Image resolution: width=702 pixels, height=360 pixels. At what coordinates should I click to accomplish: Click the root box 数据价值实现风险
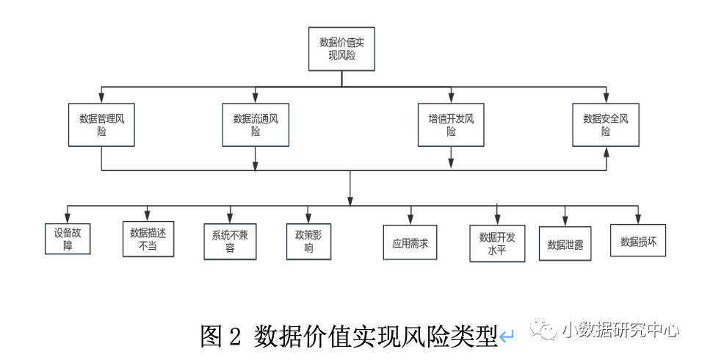pyautogui.click(x=341, y=49)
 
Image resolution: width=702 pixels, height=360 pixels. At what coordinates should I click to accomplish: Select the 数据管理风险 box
pyautogui.click(x=101, y=124)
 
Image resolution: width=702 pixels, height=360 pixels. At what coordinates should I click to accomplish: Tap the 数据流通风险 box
pyautogui.click(x=256, y=124)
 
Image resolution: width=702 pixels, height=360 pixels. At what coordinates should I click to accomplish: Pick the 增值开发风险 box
pyautogui.click(x=451, y=124)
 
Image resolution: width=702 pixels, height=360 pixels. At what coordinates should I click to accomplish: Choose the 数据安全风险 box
pyautogui.click(x=606, y=124)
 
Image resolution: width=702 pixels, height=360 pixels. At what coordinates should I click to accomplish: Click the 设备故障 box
pyautogui.click(x=68, y=239)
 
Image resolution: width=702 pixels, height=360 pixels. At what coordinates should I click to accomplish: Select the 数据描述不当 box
pyautogui.click(x=148, y=239)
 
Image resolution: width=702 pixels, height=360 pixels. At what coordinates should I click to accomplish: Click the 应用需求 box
pyautogui.click(x=410, y=242)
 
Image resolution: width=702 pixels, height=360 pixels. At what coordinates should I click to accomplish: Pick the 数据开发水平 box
pyautogui.click(x=497, y=242)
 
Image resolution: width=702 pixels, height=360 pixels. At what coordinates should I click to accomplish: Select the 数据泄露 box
pyautogui.click(x=565, y=244)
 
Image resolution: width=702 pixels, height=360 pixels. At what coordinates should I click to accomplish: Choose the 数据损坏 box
pyautogui.click(x=637, y=240)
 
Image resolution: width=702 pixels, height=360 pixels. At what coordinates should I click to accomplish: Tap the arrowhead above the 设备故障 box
pyautogui.click(x=68, y=219)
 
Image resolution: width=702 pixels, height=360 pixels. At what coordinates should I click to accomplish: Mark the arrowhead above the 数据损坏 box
pyautogui.click(x=637, y=219)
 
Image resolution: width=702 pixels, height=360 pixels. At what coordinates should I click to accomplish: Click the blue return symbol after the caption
pyautogui.click(x=507, y=337)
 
